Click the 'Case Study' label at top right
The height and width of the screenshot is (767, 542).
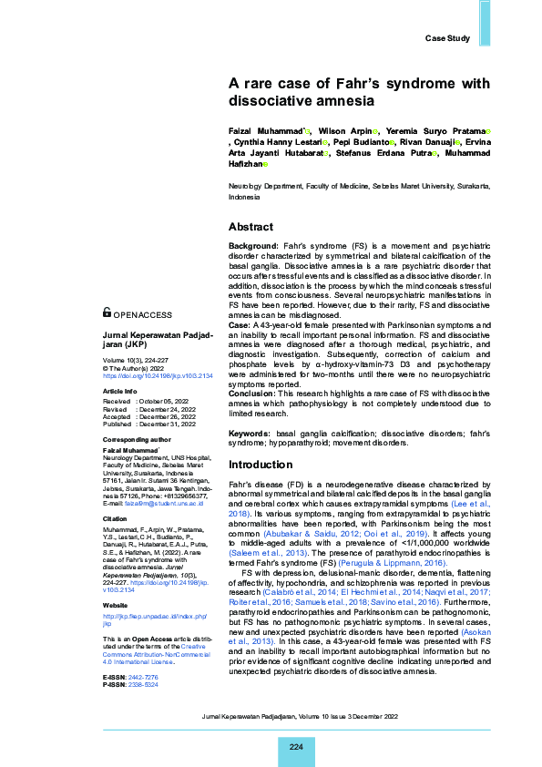coord(447,38)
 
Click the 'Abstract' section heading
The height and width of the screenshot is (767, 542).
coord(251,227)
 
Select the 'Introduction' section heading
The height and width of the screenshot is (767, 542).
coord(261,465)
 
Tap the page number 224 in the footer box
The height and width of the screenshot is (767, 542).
coord(296,747)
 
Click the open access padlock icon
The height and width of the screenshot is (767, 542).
coord(107,312)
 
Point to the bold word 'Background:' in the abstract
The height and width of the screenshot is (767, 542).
coord(253,246)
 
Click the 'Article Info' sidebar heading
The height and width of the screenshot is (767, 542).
coord(120,391)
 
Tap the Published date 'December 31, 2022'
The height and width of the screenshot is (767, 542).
coord(169,424)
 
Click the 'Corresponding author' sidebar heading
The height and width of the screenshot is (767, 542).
coord(136,440)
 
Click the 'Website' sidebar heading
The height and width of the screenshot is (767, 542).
coord(115,578)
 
